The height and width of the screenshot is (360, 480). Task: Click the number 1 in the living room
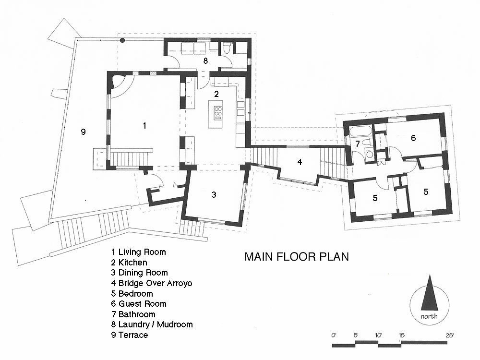pyautogui.click(x=144, y=125)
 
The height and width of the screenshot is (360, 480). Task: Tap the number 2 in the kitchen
pyautogui.click(x=216, y=94)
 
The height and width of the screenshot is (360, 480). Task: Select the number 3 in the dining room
pyautogui.click(x=214, y=194)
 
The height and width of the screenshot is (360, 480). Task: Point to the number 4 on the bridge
pyautogui.click(x=300, y=162)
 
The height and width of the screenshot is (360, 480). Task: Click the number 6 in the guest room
pyautogui.click(x=413, y=138)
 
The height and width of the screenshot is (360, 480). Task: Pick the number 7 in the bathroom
pyautogui.click(x=358, y=144)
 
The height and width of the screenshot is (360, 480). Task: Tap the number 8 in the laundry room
pyautogui.click(x=205, y=60)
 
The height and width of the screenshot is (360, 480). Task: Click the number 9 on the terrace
pyautogui.click(x=83, y=132)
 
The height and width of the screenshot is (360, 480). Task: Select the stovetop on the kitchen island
pyautogui.click(x=218, y=113)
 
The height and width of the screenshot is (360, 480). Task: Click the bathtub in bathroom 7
pyautogui.click(x=360, y=132)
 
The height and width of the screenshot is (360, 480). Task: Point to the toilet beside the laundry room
pyautogui.click(x=227, y=48)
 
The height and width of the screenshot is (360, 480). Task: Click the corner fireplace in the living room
pyautogui.click(x=117, y=82)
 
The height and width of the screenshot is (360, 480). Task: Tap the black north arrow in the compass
pyautogui.click(x=430, y=293)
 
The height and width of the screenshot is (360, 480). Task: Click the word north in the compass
pyautogui.click(x=429, y=316)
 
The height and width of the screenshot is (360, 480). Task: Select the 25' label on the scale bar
pyautogui.click(x=449, y=335)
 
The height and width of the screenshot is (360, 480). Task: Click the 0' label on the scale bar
pyautogui.click(x=334, y=335)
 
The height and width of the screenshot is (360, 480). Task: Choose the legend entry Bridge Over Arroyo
pyautogui.click(x=152, y=283)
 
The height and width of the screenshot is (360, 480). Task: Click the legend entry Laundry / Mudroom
pyautogui.click(x=152, y=324)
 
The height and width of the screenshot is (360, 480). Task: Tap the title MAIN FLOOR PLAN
pyautogui.click(x=297, y=256)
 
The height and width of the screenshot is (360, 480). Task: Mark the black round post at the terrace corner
pyautogui.click(x=122, y=40)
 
